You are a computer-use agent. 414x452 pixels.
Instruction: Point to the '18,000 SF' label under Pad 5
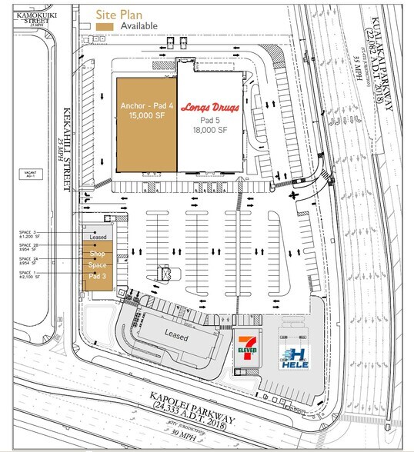[x=209, y=131]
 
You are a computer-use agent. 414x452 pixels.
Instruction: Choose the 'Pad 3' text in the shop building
[x=97, y=275]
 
